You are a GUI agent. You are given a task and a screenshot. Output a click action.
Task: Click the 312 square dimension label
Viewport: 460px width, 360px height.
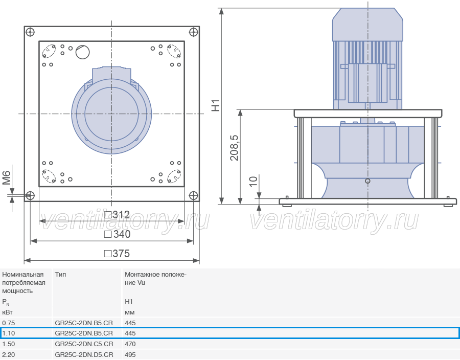(x=117, y=215)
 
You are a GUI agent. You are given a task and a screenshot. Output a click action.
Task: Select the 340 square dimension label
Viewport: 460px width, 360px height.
(x=117, y=234)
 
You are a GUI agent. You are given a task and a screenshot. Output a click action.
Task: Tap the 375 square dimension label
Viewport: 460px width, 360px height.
(x=117, y=254)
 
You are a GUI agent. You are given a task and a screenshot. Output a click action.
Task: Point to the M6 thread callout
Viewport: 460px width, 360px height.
(x=7, y=178)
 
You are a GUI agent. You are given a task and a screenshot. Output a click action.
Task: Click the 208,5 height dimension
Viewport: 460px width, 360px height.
(x=234, y=148)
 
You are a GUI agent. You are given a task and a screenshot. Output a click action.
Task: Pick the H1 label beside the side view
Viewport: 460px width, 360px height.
(x=216, y=106)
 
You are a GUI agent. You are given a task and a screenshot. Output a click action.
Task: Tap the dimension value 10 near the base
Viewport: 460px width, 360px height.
(x=253, y=182)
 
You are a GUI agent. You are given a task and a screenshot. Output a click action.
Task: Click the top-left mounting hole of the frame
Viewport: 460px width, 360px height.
(x=30, y=32)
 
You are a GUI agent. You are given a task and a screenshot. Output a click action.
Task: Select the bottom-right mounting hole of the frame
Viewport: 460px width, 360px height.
(x=193, y=195)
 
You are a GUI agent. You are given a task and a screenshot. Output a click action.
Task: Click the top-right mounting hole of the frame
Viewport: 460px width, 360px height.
(x=193, y=32)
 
